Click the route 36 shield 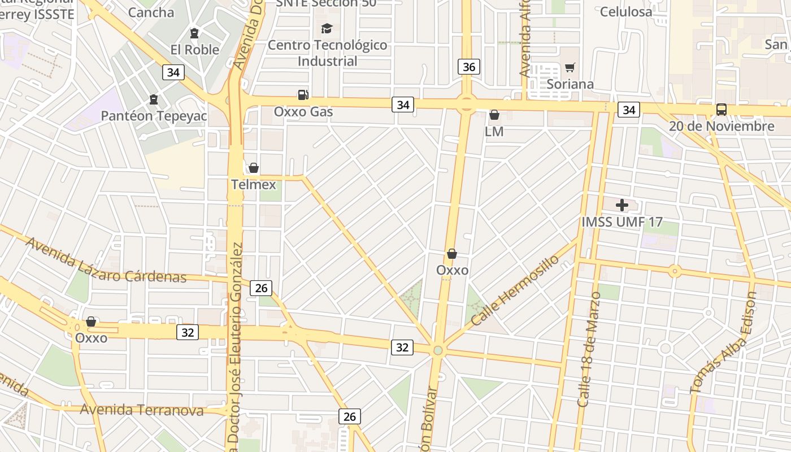[468, 67]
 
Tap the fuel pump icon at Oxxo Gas [303, 95]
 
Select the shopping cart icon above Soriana [570, 68]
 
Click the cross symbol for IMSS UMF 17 [622, 205]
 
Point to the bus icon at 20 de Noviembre [721, 109]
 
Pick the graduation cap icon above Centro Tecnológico [327, 28]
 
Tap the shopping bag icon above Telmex [254, 168]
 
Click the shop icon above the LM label [494, 115]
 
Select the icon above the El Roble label [194, 33]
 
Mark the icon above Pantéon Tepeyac [153, 100]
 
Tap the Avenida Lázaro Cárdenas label [106, 261]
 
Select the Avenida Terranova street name [141, 410]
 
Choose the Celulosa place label [626, 12]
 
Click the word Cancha [151, 12]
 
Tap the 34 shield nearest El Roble [173, 72]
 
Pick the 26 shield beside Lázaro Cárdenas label [261, 288]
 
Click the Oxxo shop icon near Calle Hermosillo [451, 254]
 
